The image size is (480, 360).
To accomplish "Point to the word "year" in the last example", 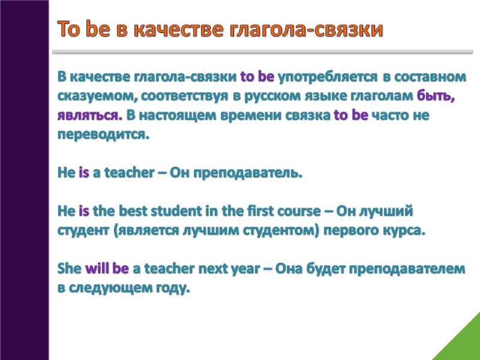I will [x=243, y=269].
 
